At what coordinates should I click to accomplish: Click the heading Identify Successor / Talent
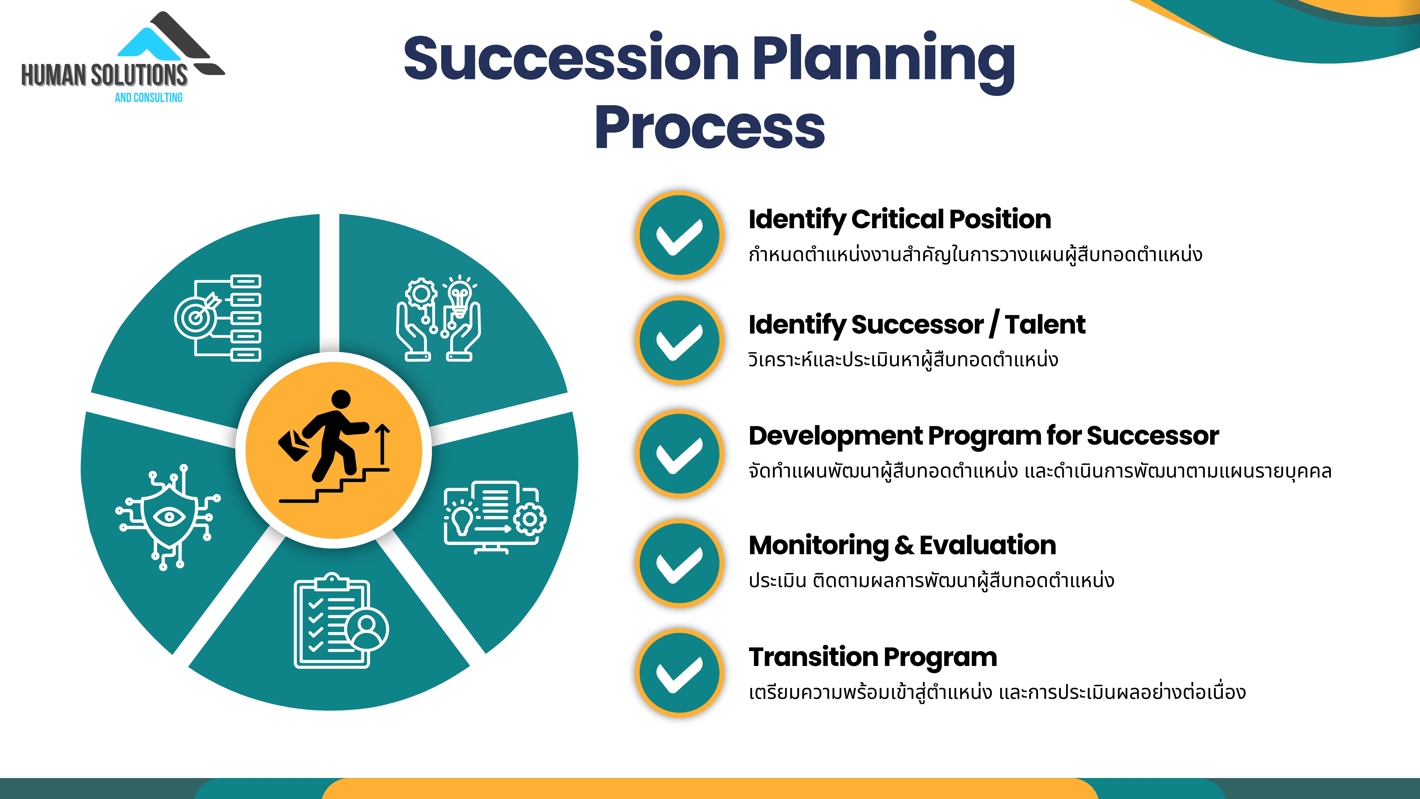[x=917, y=325]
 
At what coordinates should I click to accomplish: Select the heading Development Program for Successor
[x=983, y=436]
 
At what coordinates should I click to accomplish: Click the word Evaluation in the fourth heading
[x=988, y=545]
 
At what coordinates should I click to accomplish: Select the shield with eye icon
[x=168, y=517]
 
